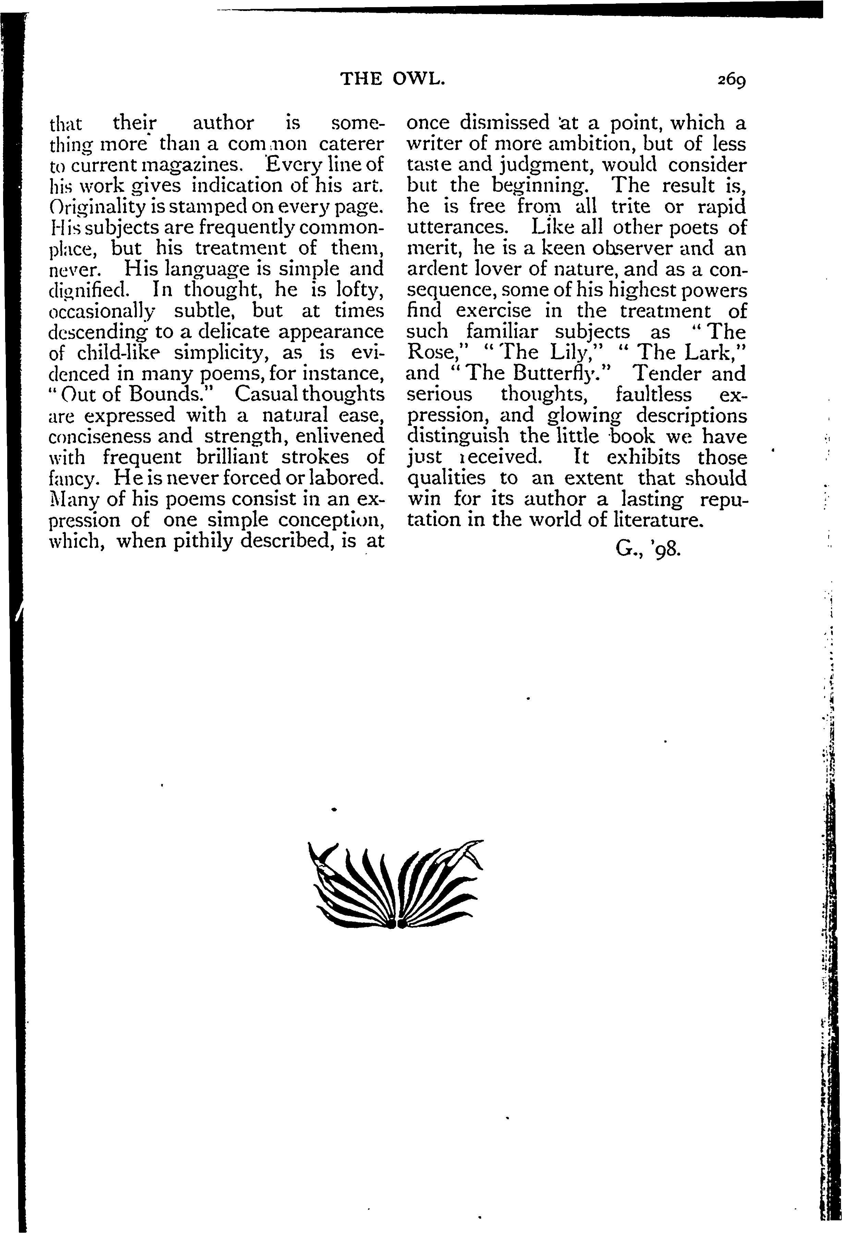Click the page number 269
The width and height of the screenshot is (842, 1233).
click(732, 80)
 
